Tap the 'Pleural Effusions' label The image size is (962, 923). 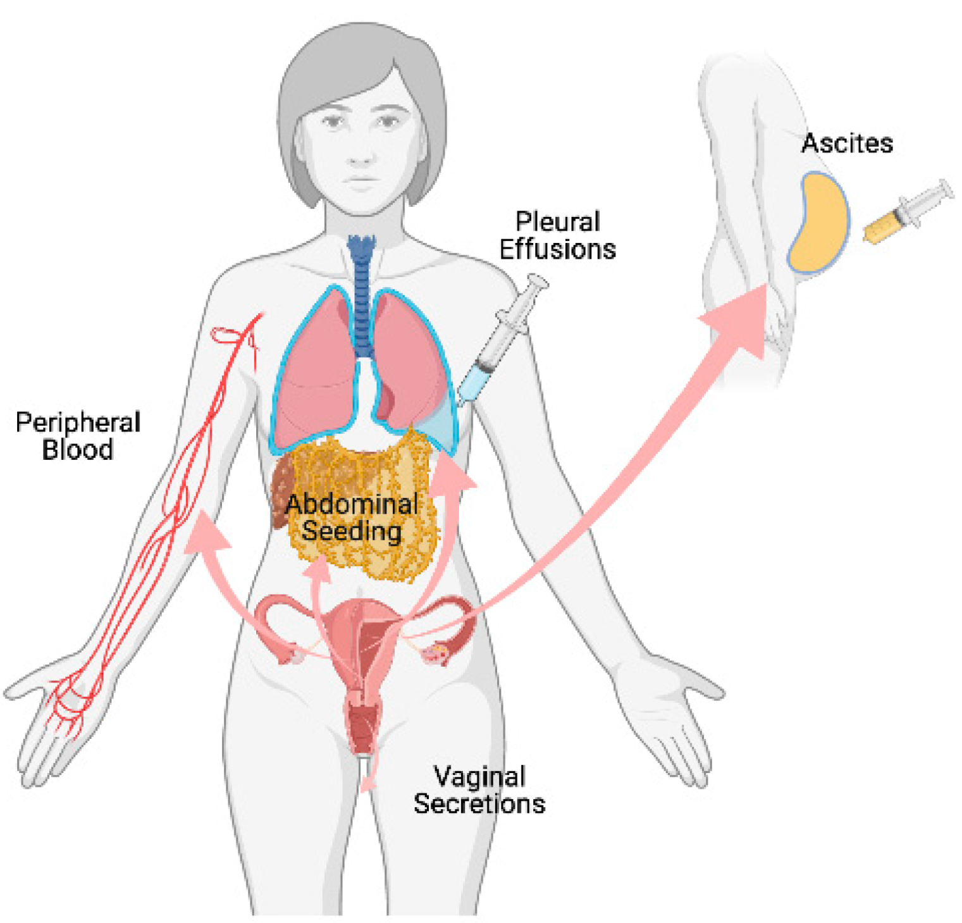point(557,235)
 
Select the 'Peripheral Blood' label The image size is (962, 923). point(78,436)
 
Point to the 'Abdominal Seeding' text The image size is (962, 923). point(352,517)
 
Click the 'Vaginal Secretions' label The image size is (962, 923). point(479,790)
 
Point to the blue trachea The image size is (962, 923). point(362,297)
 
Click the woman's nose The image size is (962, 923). point(361,152)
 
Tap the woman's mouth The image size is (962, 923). point(361,182)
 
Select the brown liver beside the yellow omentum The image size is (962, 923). point(281,493)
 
